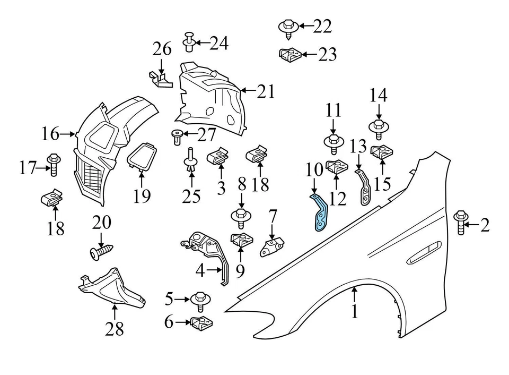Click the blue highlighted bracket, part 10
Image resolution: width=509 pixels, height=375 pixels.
point(320,213)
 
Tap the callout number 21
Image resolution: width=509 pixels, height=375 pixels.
point(266,92)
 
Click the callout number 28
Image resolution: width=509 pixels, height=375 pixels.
point(114,330)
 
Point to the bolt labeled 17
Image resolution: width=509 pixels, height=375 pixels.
point(53,164)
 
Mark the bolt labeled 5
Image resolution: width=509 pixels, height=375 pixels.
point(200,301)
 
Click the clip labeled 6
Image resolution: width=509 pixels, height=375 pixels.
point(202,322)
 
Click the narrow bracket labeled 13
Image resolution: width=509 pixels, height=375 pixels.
point(364,187)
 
